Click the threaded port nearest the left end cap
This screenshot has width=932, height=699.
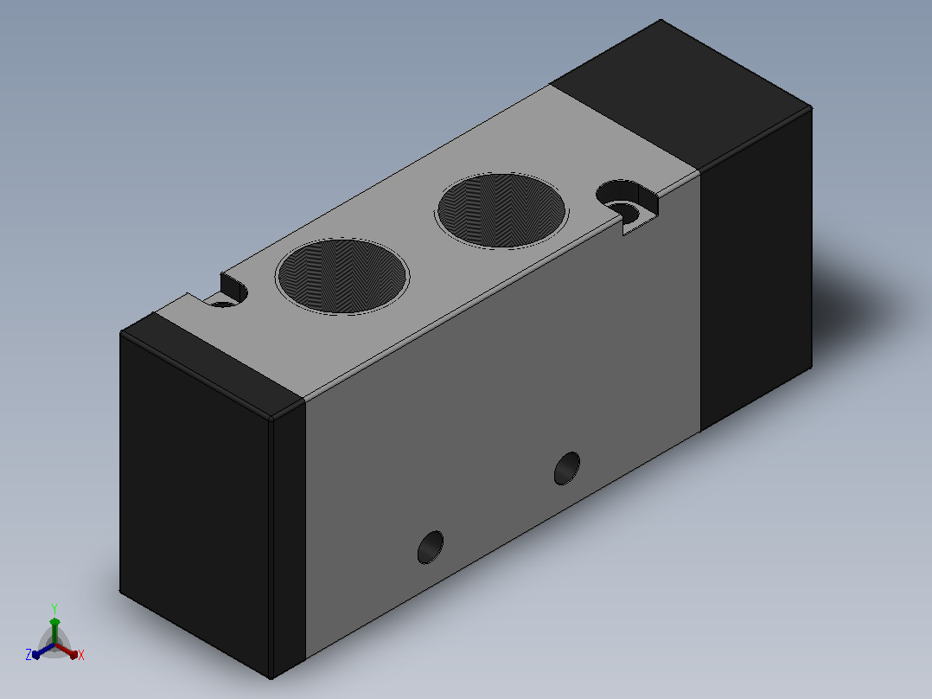pos(342,276)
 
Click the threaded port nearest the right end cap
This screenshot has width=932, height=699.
pos(502,210)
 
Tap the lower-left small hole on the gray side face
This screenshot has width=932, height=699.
pos(431,548)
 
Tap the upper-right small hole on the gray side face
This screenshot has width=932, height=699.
pos(567,468)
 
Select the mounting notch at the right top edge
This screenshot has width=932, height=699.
pos(628,202)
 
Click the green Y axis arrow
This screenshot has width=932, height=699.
pos(54,630)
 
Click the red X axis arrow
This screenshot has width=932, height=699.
pos(67,651)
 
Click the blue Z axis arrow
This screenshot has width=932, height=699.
pos(43,651)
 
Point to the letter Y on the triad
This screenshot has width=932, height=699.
pos(54,608)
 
